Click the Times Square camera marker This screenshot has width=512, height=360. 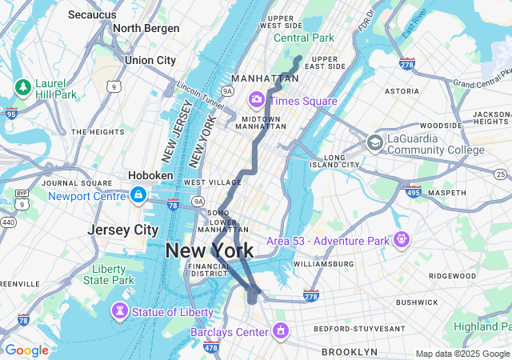257,100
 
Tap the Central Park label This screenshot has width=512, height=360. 303,38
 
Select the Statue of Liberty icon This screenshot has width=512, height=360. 120,310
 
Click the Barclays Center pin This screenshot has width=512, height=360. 281,330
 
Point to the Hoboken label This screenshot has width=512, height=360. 150,175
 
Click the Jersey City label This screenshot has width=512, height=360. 122,230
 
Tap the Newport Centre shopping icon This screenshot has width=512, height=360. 138,195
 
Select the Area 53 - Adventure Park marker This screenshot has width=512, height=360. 401,239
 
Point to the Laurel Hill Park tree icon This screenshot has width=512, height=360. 23,86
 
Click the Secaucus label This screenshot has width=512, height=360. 91,14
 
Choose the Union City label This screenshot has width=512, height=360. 150,60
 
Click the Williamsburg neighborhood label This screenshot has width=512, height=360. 323,263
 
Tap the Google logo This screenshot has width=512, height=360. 26,350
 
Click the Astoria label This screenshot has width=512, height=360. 402,91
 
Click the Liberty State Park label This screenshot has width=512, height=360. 113,274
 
